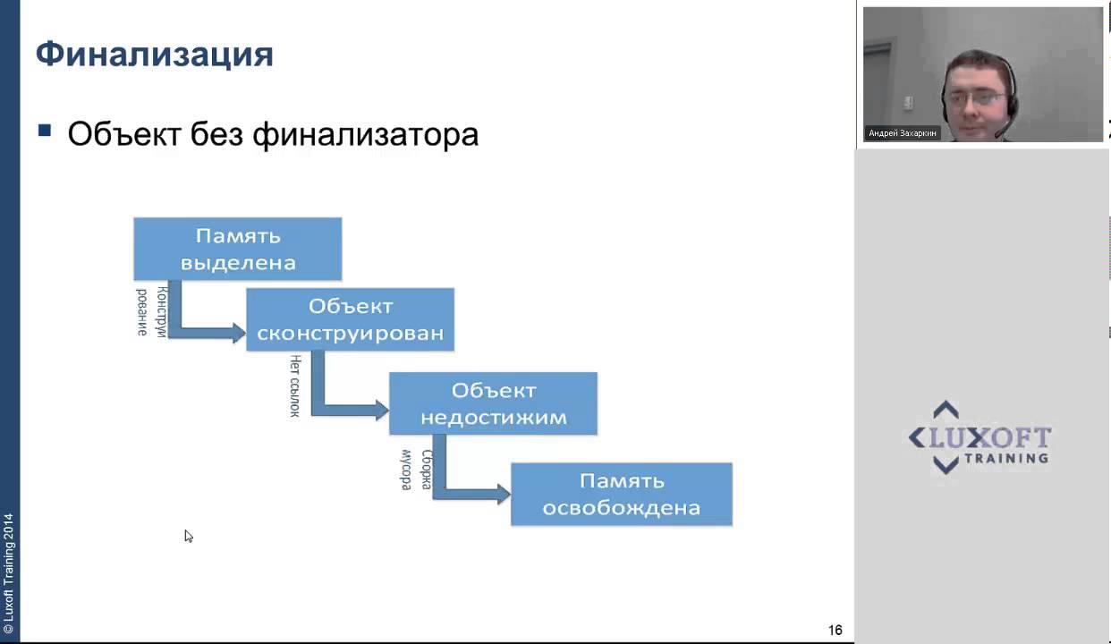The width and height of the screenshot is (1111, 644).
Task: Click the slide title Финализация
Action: coord(154,55)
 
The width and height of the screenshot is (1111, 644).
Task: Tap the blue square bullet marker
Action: coord(45,131)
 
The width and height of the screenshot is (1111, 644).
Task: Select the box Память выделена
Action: coord(238,249)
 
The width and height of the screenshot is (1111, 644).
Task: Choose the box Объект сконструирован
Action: coord(350,319)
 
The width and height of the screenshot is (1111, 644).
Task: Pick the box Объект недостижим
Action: coord(493,403)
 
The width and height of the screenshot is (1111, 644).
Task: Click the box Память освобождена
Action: coord(621,494)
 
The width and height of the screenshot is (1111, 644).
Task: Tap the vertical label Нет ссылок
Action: coord(294,386)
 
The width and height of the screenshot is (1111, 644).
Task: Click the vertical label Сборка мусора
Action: coord(416,470)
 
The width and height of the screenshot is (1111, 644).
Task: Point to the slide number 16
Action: coord(835,630)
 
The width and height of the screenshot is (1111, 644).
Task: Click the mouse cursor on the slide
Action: coord(188,535)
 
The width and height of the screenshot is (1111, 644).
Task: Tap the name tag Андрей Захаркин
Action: coord(903,133)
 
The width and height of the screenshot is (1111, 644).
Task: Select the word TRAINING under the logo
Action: coord(1006,458)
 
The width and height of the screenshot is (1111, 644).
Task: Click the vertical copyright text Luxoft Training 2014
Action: coord(9,566)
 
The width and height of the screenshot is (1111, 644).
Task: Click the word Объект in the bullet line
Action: coord(124,135)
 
